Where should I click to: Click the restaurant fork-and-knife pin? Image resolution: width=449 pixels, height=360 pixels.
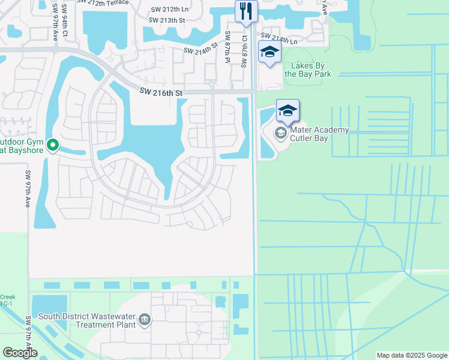pos(246,11)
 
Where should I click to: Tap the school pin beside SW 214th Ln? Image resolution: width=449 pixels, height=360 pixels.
pos(270,52)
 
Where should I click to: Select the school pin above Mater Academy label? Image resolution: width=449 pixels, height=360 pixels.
pos(288,111)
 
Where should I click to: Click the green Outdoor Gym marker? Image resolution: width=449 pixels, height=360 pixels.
pos(53,144)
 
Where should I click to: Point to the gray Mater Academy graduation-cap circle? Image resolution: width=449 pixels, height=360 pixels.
pos(280,132)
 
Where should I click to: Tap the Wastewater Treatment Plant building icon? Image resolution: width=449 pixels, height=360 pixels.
pos(144,320)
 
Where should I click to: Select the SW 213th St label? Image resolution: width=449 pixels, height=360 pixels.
pos(167,20)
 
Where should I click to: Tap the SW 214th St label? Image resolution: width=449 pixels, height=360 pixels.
pos(200,50)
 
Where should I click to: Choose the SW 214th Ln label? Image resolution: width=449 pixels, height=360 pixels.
pos(280,38)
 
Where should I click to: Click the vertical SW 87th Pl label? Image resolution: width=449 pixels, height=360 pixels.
pos(228,47)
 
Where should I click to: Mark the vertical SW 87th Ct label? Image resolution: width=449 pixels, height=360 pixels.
pos(245,50)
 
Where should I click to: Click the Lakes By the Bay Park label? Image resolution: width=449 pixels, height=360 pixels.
pos(312,70)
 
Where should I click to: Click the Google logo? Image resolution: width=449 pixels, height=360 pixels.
pos(20,353)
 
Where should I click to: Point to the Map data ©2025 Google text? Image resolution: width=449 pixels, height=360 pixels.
pos(412,355)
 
